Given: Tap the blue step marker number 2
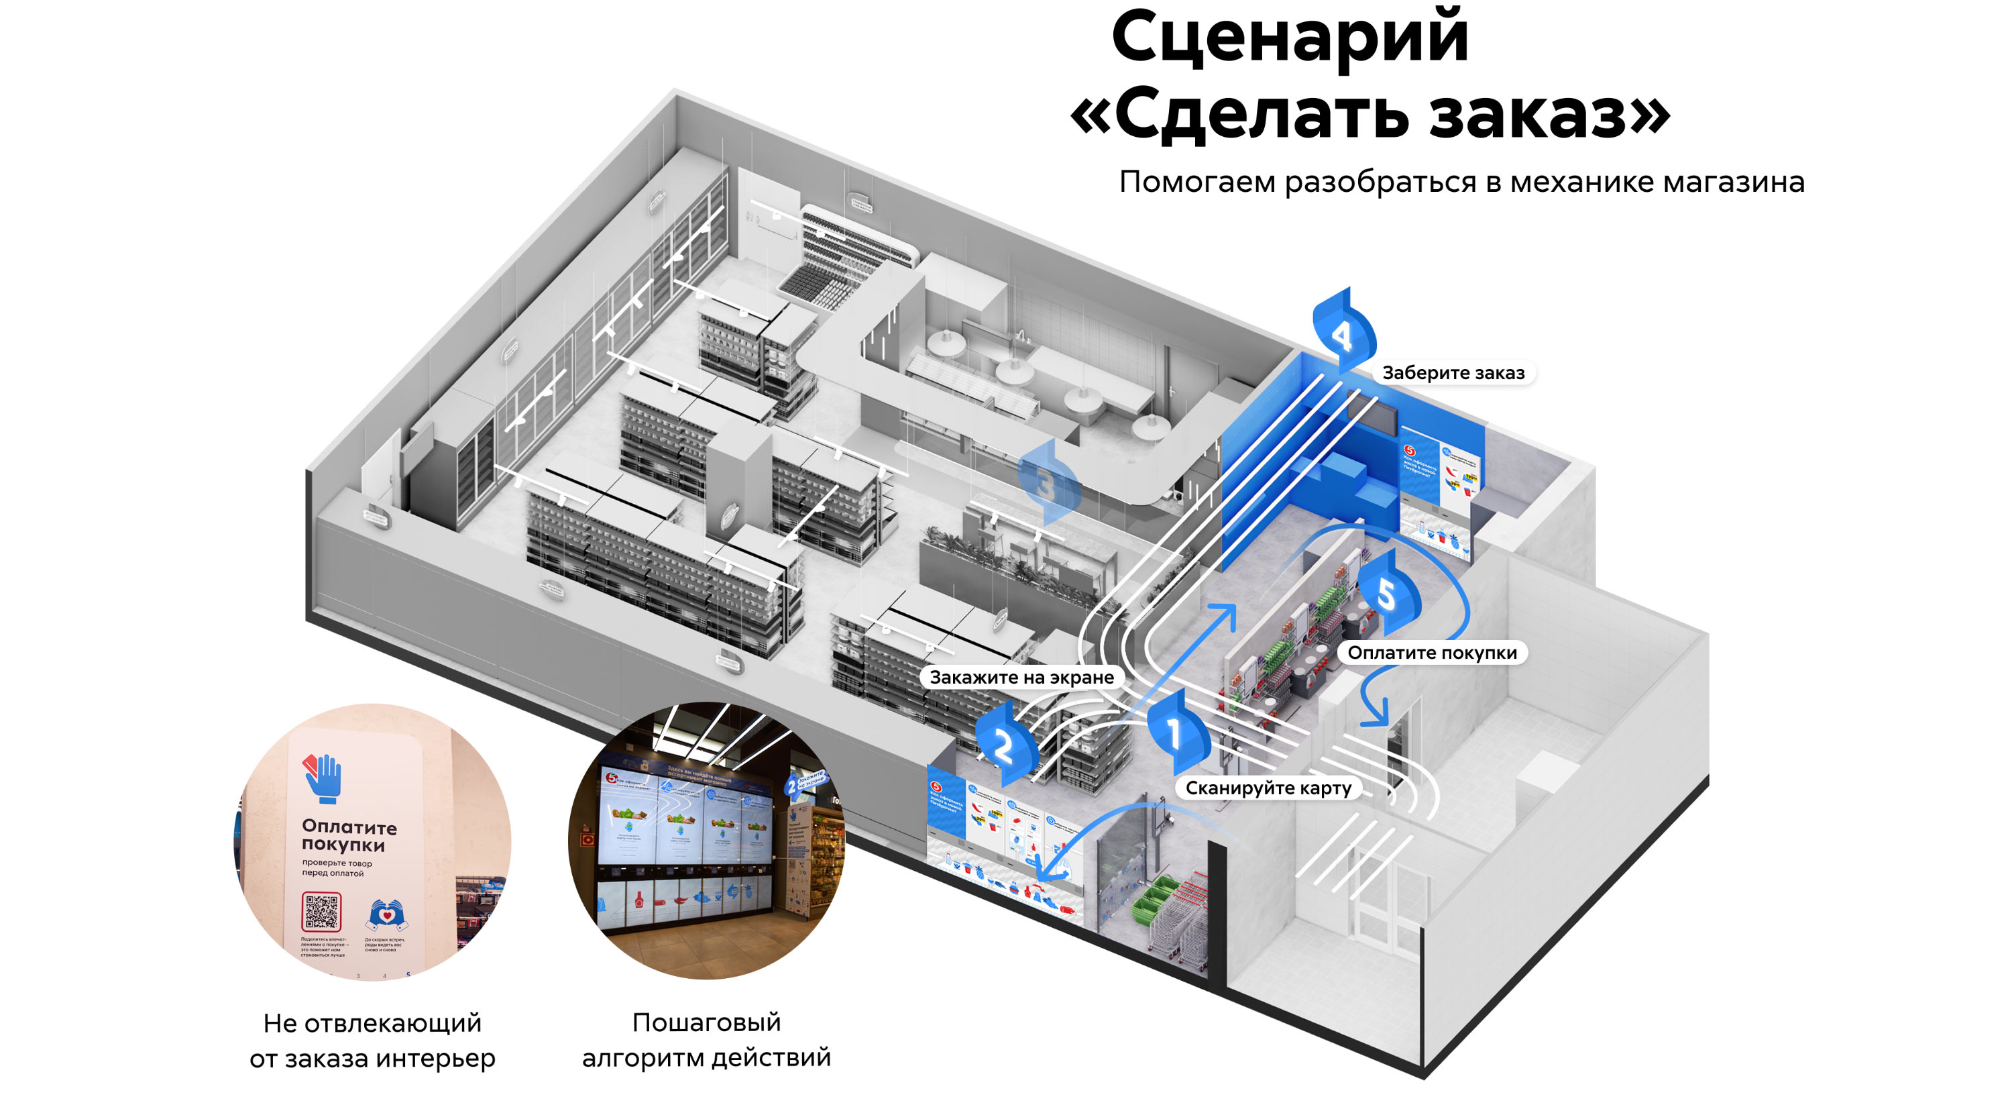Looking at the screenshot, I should (x=1005, y=745).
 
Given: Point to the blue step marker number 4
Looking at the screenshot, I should (x=1343, y=334).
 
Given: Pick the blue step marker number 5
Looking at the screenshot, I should (x=1387, y=595).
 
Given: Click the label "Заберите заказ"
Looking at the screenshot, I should (x=1453, y=373).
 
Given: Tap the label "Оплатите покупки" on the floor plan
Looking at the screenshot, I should (x=1432, y=653).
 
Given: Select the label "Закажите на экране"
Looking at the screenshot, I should (x=1021, y=678).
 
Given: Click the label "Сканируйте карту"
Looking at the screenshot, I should (x=1268, y=788).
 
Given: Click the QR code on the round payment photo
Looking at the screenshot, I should (x=321, y=912).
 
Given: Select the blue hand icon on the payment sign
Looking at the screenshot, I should (x=323, y=778).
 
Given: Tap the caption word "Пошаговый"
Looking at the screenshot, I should (x=706, y=1021).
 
